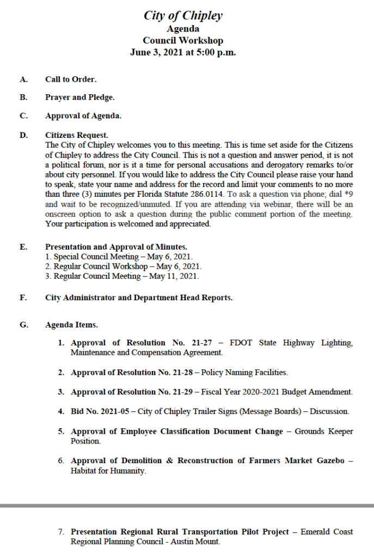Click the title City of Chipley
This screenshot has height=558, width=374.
click(x=183, y=16)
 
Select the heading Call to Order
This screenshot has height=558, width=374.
click(x=71, y=80)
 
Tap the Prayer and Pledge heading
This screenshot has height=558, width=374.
click(x=79, y=98)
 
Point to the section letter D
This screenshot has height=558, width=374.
click(x=23, y=135)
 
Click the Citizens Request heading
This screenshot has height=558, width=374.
click(x=77, y=135)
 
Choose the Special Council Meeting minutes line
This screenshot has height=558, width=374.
click(x=119, y=257)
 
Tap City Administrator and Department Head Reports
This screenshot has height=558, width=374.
click(x=139, y=298)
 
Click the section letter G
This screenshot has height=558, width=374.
click(x=23, y=325)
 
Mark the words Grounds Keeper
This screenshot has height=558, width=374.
click(x=324, y=431)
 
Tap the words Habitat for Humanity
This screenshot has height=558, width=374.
click(x=108, y=470)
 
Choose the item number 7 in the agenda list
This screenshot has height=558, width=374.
click(x=62, y=532)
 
